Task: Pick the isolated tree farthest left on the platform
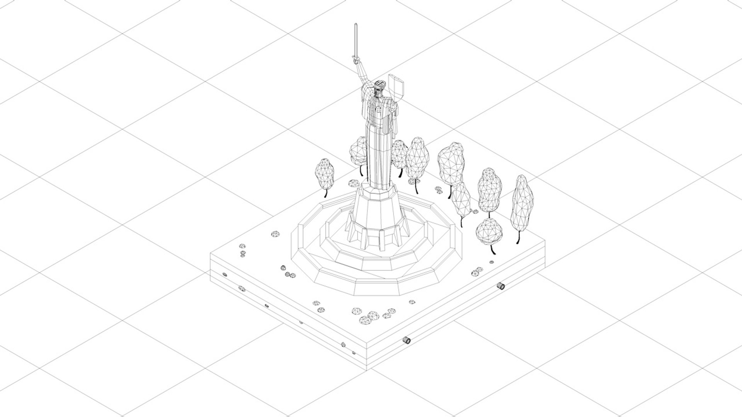coord(324,174)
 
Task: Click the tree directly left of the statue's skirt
coord(358,150)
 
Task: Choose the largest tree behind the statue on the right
coord(451,163)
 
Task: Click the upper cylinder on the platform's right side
coord(500,286)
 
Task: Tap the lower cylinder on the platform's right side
coord(406,340)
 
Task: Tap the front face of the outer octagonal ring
coord(377,287)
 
